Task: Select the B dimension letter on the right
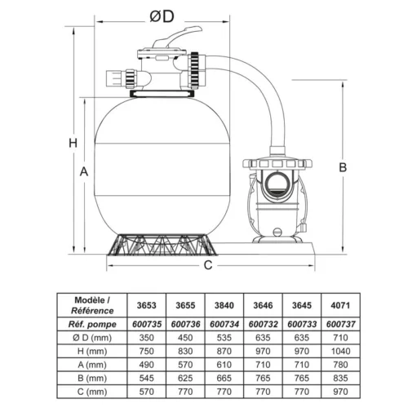click(344, 167)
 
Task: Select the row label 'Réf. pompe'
click(91, 323)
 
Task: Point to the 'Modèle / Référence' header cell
click(91, 304)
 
